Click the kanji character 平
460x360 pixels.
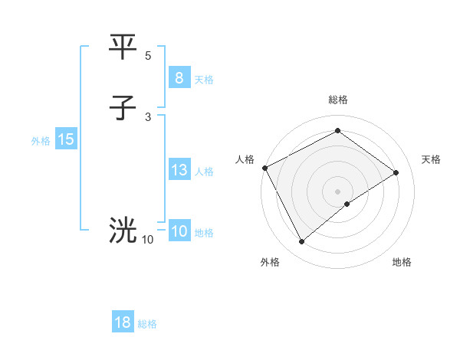[x=123, y=47]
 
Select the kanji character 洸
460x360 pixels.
[x=123, y=229]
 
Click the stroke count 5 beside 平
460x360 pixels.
[x=148, y=56]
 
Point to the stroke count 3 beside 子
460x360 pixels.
[x=148, y=117]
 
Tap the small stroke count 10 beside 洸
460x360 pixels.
[x=147, y=240]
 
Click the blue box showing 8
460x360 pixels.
[x=179, y=78]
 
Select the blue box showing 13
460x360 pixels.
[x=179, y=170]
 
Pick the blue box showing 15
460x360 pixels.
[x=66, y=139]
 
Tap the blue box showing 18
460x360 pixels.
[x=123, y=322]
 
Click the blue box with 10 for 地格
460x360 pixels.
[x=179, y=231]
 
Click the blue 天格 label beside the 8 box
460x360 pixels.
[x=204, y=80]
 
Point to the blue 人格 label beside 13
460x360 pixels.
[x=204, y=172]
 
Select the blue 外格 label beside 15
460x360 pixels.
[x=41, y=141]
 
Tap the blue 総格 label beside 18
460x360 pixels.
[x=147, y=324]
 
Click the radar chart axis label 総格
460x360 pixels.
[x=337, y=100]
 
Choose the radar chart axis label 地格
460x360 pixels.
[x=402, y=262]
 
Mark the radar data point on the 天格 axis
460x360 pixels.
[x=396, y=172]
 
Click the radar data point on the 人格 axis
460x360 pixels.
[x=264, y=168]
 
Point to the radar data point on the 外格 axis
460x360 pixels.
[x=301, y=242]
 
